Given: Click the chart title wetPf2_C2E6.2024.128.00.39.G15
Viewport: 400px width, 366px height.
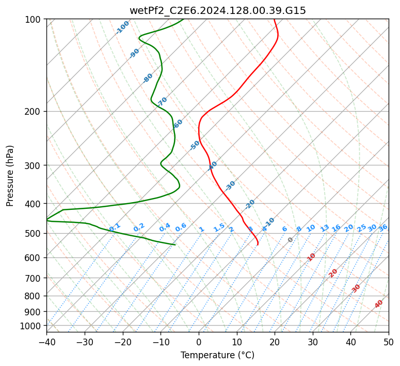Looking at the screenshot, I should [217, 10].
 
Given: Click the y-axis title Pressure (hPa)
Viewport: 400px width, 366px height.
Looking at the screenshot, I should [10, 175].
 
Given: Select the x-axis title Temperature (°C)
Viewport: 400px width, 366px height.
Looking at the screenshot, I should [217, 355].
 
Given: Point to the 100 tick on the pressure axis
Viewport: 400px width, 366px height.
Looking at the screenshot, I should [34, 19].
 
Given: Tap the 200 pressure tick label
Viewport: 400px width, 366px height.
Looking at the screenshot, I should [34, 111].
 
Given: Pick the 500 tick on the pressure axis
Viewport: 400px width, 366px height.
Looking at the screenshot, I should [34, 233].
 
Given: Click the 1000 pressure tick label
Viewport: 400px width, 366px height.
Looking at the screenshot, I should [32, 326].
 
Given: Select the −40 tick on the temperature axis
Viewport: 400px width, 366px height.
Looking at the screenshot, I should [46, 342].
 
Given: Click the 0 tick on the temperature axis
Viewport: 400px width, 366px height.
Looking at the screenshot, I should [199, 342].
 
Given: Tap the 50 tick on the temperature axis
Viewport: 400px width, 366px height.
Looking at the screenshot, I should [389, 342].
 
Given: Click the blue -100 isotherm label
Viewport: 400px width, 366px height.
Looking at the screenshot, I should [123, 27].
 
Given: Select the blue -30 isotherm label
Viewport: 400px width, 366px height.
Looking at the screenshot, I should [230, 186].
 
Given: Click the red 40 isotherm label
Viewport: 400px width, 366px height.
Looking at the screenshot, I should [379, 304].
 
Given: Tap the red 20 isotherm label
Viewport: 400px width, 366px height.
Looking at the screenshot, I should [333, 272].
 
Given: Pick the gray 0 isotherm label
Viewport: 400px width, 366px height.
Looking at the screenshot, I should [291, 240].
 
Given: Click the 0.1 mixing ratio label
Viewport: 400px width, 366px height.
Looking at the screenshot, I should [115, 227].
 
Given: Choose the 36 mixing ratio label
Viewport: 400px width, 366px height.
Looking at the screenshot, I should [383, 227].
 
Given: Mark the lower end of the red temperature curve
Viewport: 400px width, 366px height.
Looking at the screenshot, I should [258, 245].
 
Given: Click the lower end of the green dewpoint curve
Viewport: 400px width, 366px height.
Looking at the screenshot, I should [175, 245].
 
